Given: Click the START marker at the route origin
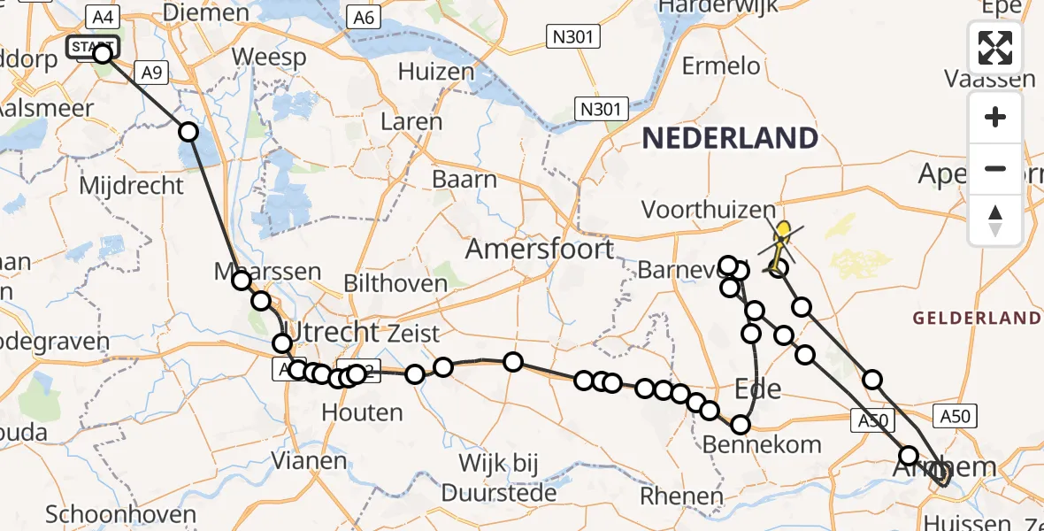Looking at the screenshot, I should click(92, 47).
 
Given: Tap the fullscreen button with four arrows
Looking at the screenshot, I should click(995, 48).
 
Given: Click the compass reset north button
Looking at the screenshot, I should click(995, 220).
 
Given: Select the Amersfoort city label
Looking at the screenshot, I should click(540, 249).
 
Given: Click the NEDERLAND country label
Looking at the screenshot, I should click(730, 138).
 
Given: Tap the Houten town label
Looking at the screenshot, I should click(362, 412).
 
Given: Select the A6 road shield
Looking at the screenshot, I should click(363, 19).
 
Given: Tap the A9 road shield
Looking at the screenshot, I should click(151, 73).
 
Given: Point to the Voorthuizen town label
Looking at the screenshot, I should click(709, 211).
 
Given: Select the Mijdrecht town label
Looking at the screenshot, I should click(132, 186).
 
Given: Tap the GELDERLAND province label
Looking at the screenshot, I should click(977, 318).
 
